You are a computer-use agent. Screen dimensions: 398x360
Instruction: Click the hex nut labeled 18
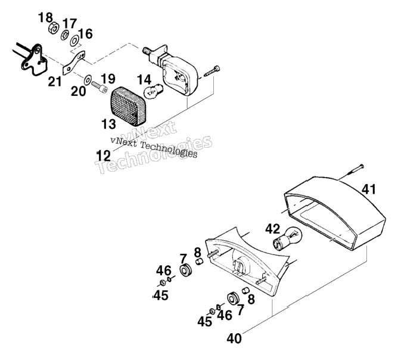click(x=53, y=27)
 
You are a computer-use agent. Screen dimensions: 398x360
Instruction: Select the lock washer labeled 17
click(x=65, y=35)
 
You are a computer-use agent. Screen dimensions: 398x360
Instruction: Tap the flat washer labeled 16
click(x=74, y=41)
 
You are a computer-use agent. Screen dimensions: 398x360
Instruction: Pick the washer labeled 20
click(x=88, y=80)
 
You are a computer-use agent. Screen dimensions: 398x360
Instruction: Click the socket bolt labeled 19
click(x=99, y=87)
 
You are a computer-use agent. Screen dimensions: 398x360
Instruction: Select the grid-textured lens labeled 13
click(x=129, y=106)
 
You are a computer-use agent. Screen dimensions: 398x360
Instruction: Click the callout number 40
click(x=234, y=339)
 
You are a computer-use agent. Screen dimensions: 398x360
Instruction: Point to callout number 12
click(x=104, y=156)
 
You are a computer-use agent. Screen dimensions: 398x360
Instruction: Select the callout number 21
click(x=55, y=82)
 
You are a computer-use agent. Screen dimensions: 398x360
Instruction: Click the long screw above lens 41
click(x=351, y=173)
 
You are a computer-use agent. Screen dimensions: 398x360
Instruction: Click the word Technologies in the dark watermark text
click(x=169, y=150)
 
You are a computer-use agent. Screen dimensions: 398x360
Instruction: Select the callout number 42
click(x=273, y=229)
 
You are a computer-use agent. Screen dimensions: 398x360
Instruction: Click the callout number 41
click(x=369, y=190)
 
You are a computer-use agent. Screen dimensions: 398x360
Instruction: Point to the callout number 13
click(x=108, y=125)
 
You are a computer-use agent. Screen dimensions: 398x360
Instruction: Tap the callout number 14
click(x=144, y=80)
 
